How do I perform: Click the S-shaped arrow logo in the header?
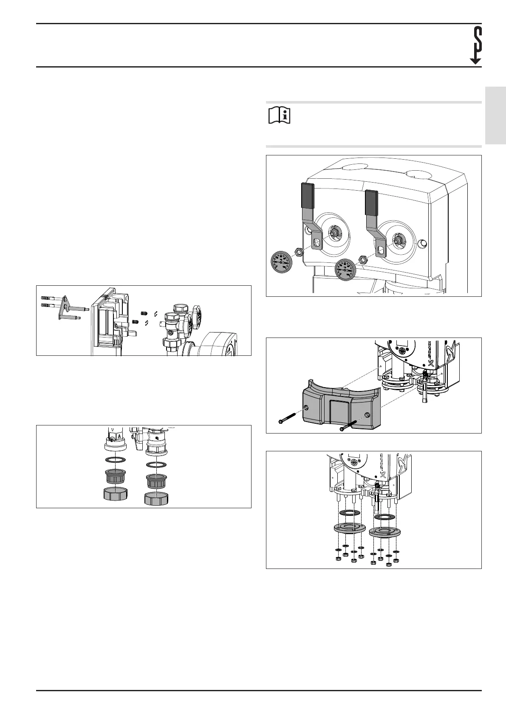[476, 45]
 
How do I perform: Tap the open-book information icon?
[279, 115]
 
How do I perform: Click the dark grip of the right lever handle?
[371, 202]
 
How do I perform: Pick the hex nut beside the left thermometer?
[299, 253]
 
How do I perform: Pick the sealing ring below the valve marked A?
[116, 460]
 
